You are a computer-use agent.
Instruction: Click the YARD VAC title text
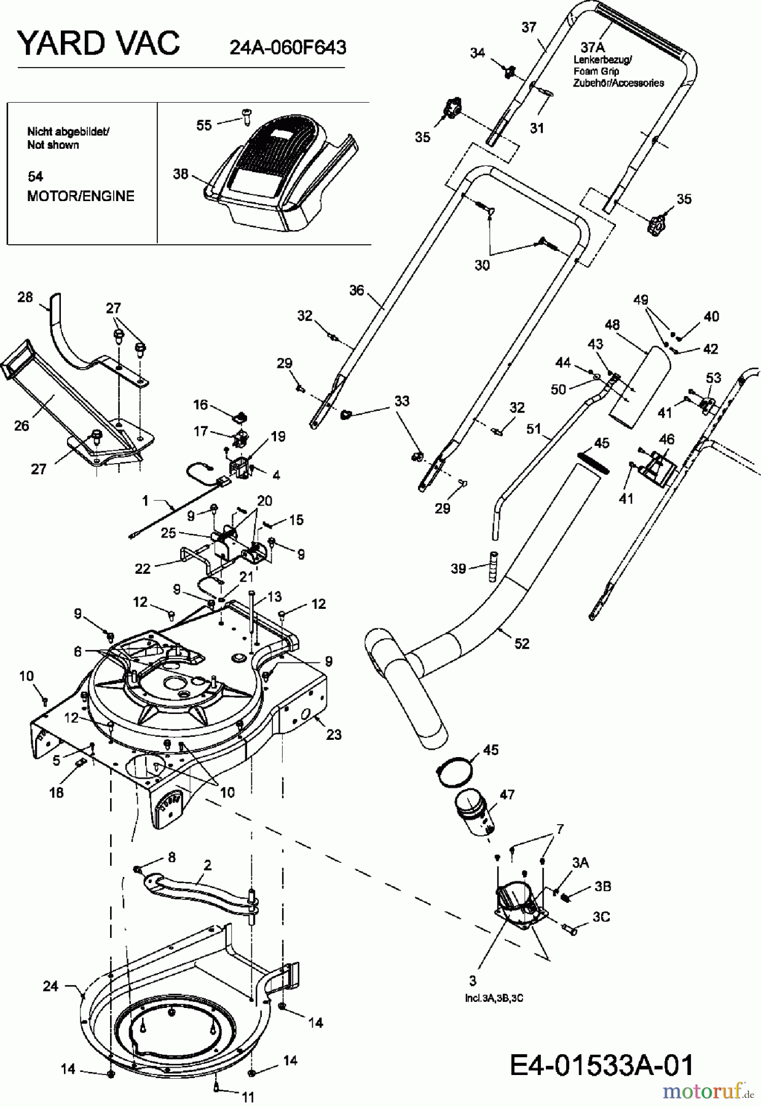[98, 43]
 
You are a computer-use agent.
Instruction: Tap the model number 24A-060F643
[287, 47]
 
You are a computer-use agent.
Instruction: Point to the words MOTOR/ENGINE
[81, 196]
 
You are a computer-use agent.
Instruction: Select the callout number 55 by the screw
[204, 125]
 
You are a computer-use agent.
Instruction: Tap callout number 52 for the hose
[521, 643]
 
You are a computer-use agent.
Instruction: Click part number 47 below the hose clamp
[507, 795]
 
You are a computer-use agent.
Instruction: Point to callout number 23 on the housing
[333, 734]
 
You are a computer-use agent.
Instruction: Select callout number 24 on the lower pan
[50, 986]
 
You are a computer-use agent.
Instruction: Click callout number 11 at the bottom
[248, 1097]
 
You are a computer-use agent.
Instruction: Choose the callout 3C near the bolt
[601, 917]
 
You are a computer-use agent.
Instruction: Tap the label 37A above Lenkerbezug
[593, 47]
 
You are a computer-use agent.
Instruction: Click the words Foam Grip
[588, 71]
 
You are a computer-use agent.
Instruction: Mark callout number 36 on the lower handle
[357, 290]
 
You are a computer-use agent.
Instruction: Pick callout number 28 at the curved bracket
[25, 298]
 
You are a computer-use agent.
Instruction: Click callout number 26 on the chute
[22, 425]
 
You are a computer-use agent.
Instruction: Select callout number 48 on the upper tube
[612, 324]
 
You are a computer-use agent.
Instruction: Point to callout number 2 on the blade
[207, 865]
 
